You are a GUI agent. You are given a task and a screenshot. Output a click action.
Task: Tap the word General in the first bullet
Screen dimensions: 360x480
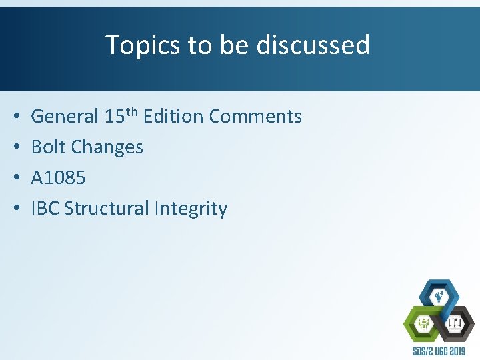[65, 117]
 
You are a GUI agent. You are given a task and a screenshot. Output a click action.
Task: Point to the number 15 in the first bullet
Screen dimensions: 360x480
[113, 117]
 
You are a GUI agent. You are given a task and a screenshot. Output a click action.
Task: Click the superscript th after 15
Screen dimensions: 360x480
[131, 111]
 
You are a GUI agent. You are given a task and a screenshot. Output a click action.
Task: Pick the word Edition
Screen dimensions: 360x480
[173, 117]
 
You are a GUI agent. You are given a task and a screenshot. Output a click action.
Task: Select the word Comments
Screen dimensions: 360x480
[255, 117]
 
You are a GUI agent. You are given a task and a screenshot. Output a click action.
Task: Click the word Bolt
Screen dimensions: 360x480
[46, 147]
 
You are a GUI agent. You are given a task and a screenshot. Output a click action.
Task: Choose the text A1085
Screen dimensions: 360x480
[58, 177]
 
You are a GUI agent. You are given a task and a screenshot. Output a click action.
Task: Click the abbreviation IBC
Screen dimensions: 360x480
[45, 208]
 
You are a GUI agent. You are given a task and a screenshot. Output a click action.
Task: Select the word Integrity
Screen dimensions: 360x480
[191, 209]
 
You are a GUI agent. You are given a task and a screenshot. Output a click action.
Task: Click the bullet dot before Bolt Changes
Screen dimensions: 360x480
[15, 147]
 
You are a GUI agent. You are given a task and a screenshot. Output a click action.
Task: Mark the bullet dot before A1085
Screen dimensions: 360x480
[15, 178]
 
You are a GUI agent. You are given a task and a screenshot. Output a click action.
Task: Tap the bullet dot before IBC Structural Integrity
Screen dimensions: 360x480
[15, 209]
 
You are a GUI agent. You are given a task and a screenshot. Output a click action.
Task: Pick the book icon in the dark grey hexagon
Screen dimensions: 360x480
[456, 325]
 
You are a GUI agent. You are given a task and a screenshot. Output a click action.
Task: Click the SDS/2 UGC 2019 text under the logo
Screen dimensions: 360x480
[439, 351]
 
